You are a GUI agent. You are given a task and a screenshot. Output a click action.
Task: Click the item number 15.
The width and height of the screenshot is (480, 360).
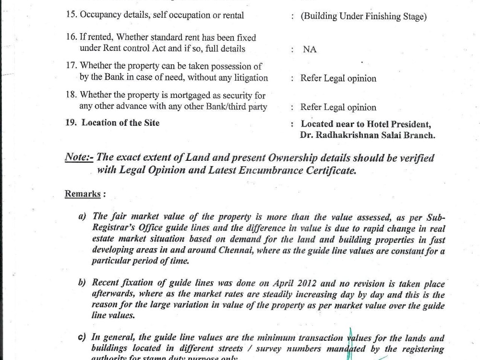click(x=71, y=15)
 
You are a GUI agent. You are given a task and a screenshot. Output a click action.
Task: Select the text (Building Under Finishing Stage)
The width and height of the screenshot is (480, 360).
click(x=363, y=16)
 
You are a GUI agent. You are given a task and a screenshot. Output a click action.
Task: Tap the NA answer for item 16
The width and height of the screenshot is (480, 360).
click(x=310, y=49)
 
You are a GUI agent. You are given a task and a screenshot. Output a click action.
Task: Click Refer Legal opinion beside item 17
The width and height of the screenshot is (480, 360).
click(x=338, y=79)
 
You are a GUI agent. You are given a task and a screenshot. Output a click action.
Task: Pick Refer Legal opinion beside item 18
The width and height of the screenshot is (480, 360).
click(x=338, y=108)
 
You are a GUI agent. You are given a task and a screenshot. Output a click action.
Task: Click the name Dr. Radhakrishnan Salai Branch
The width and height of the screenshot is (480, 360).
click(x=368, y=135)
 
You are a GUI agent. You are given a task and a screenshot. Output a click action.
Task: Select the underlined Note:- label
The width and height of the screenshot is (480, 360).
click(x=79, y=158)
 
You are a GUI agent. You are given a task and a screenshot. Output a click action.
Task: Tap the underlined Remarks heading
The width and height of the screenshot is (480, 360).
click(x=83, y=194)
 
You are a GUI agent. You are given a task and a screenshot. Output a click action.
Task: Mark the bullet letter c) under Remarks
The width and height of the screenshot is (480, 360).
click(x=82, y=338)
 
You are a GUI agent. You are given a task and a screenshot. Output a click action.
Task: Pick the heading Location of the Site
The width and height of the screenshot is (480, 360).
click(x=120, y=123)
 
